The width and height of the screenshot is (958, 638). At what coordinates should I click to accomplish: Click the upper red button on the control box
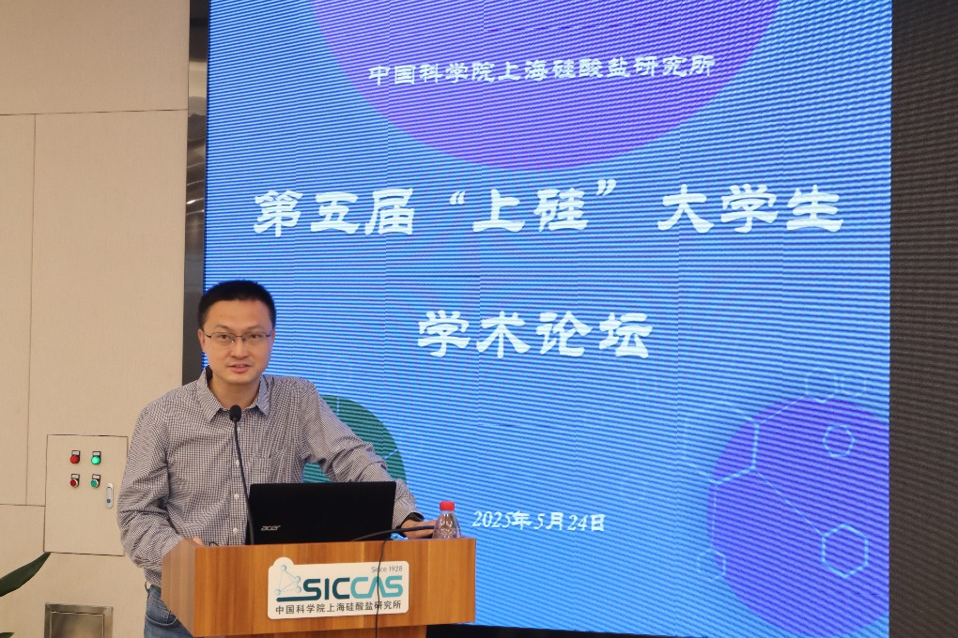[x=75, y=457]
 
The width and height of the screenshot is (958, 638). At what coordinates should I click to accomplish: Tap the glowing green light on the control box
[x=96, y=457]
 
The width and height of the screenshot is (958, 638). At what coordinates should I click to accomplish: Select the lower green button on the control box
[x=95, y=480]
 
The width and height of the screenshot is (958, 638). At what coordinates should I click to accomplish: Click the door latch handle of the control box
[x=110, y=495]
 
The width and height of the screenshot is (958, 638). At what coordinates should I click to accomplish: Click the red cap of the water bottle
[x=448, y=506]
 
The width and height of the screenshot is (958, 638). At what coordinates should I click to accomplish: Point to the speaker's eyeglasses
[x=239, y=337]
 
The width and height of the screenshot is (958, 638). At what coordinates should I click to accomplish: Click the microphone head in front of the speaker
[x=235, y=414]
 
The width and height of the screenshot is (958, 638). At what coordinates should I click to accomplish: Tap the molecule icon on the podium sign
[x=289, y=580]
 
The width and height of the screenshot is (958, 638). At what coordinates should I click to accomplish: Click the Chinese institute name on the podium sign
[x=339, y=608]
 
